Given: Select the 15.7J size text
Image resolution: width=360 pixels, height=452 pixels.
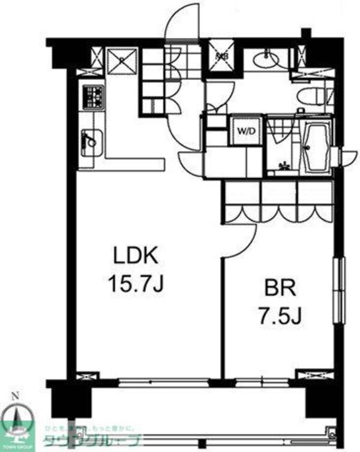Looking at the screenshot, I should point(136,283).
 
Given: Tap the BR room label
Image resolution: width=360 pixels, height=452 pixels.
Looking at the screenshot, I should point(281,289).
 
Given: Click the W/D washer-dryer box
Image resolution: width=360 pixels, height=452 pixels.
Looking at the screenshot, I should point(245,129).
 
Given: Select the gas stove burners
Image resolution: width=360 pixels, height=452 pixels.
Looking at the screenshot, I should point(93,97).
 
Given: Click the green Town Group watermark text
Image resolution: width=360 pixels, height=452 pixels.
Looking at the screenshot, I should point(90,442).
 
